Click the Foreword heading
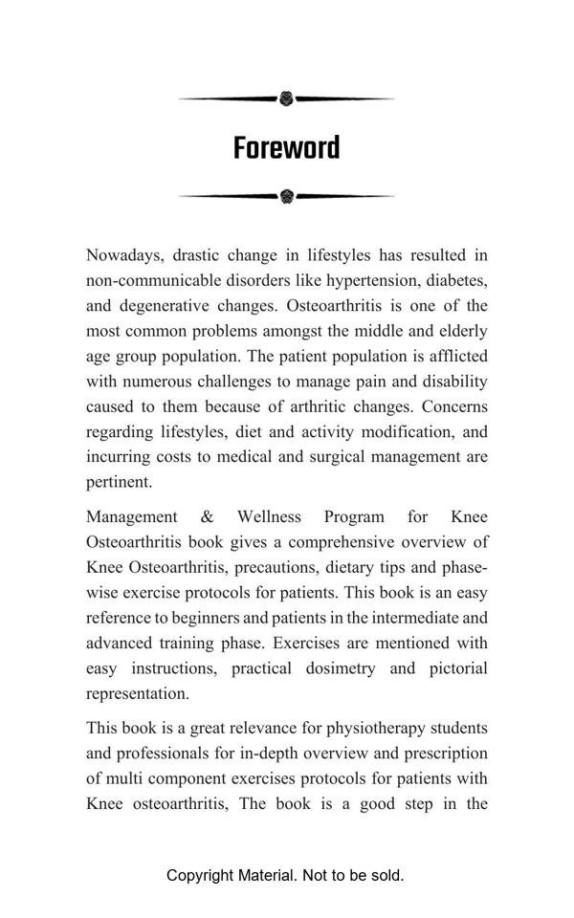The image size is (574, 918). click(x=286, y=148)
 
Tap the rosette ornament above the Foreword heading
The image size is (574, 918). click(x=286, y=98)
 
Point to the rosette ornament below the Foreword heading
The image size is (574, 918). click(x=287, y=196)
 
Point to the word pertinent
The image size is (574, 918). click(x=119, y=482)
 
